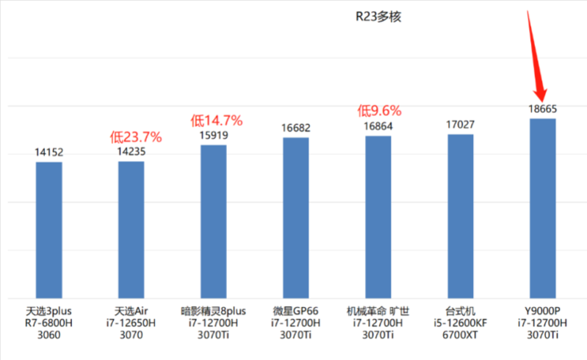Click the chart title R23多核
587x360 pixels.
pos(378,17)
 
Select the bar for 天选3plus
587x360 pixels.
pos(49,229)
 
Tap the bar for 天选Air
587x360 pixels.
pos(132,229)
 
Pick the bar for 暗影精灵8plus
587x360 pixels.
pos(214,221)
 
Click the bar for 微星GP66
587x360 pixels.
pos(296,217)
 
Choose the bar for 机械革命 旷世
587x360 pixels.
pos(378,217)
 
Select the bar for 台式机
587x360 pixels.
pos(461,216)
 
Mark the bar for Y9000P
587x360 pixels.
pos(543,208)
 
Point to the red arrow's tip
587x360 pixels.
pos(542,100)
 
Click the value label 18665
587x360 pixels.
pos(543,109)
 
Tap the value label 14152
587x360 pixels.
pos(49,152)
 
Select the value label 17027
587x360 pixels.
pos(461,124)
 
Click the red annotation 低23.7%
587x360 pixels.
pos(136,136)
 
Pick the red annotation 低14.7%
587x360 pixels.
pos(217,120)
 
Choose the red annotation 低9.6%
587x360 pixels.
pos(379,111)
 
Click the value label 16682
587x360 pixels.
pos(296,128)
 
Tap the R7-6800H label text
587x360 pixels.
pos(49,323)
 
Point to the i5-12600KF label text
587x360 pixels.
pos(461,323)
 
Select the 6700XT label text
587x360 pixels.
pos(461,336)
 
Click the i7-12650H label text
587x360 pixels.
pos(132,323)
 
